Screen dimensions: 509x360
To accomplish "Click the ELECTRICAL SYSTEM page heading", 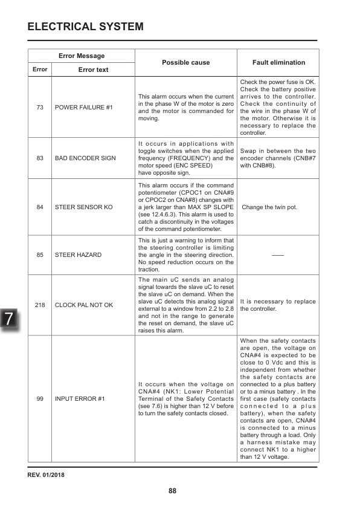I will tap(86, 27).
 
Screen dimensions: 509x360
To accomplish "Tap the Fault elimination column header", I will tap(278, 62).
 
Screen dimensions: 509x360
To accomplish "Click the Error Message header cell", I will tap(82, 56).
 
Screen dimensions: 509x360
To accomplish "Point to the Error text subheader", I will tap(94, 70).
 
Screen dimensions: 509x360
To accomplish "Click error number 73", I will tap(40, 107).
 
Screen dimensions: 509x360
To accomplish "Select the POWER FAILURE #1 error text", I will tap(83, 107).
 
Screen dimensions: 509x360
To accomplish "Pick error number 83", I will tap(40, 158).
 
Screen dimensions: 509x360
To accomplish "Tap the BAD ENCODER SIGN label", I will tap(85, 158).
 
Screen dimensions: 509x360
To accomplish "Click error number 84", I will tap(40, 207).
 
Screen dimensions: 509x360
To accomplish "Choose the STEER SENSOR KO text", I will tap(83, 207).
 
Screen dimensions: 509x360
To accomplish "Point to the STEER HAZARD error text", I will tap(78, 255).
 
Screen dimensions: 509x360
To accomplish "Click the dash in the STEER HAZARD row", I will tap(278, 255).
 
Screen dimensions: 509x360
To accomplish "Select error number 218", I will tap(40, 305).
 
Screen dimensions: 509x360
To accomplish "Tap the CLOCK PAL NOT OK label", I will tap(84, 305).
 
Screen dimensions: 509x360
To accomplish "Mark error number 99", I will tap(40, 398).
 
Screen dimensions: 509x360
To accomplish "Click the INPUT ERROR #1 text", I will tap(80, 398).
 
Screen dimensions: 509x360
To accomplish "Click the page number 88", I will tap(172, 490).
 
